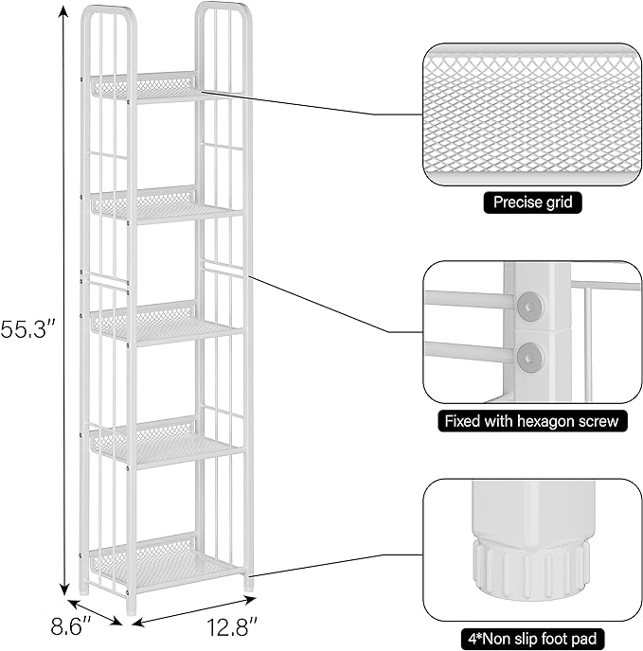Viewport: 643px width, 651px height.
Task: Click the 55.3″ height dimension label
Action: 28,330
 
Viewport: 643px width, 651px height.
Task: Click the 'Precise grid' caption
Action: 532,202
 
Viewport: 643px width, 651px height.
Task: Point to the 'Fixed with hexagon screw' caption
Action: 532,420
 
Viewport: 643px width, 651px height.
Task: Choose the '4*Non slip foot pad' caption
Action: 532,639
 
